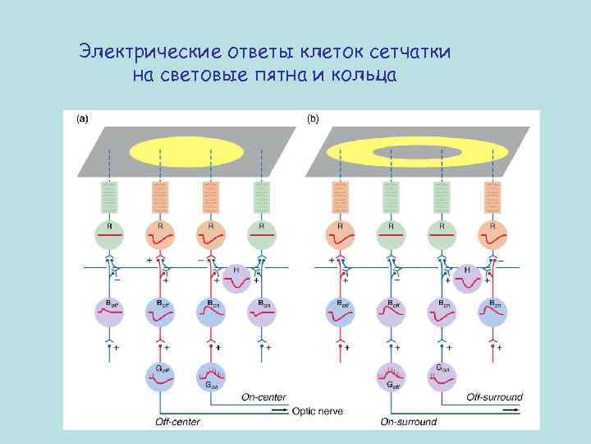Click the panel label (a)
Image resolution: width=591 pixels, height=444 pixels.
82,118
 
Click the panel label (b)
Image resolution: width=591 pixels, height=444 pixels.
313,118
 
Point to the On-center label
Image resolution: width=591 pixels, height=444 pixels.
263,397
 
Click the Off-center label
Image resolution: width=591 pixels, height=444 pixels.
178,422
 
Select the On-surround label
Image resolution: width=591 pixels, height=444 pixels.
408,422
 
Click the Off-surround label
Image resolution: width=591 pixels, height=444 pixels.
494,397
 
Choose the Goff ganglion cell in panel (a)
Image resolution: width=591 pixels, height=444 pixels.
161,375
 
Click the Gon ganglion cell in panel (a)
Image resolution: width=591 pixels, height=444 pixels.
211,375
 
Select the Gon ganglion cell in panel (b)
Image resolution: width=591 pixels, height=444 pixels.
441,375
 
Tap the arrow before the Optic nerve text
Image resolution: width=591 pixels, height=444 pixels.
279,409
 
